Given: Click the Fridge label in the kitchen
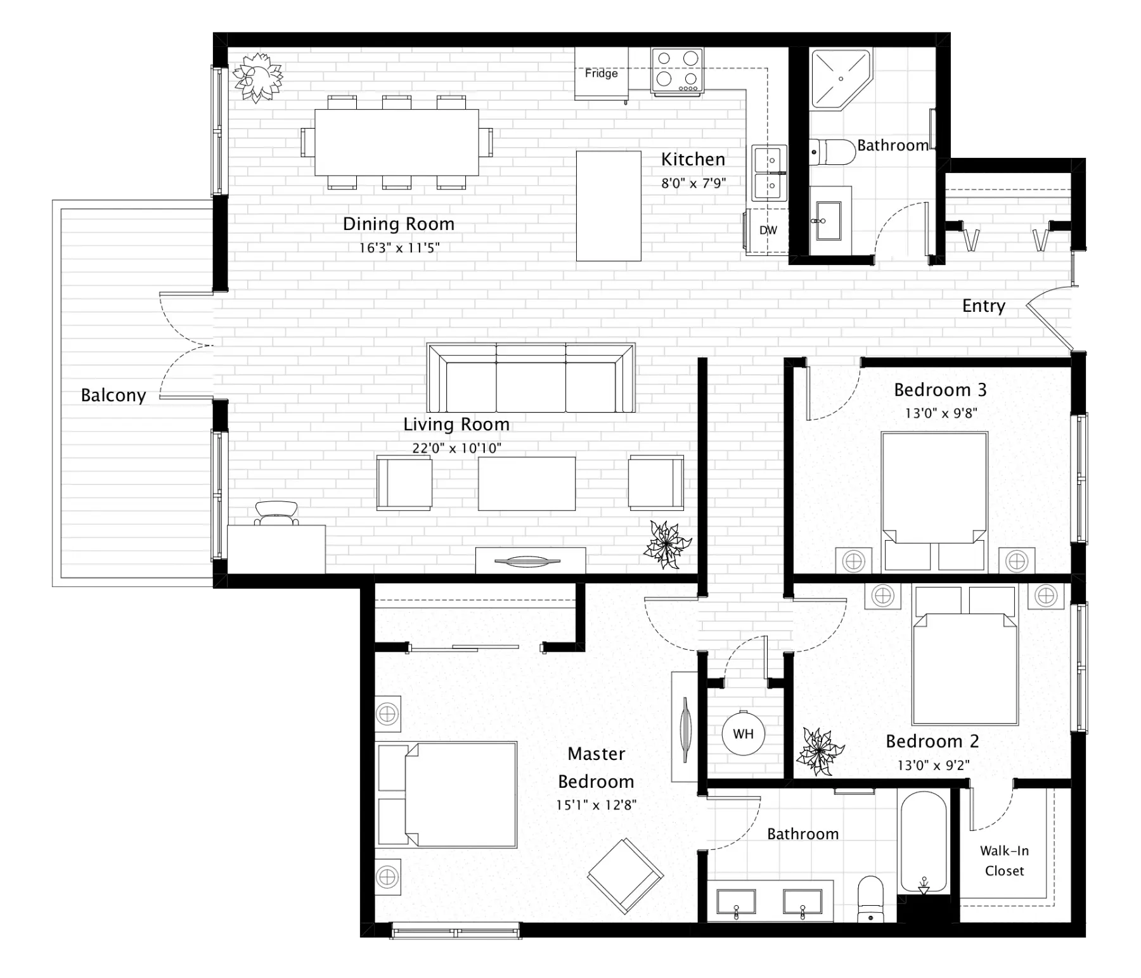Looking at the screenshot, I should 601,74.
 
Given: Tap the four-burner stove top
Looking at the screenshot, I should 677,71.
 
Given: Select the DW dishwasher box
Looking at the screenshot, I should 768,231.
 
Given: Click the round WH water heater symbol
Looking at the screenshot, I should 743,734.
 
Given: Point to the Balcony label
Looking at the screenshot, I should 113,396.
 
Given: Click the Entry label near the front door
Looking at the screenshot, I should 983,306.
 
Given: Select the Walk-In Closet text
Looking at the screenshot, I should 1004,861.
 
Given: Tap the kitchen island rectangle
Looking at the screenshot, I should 608,206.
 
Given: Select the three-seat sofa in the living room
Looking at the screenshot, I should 531,378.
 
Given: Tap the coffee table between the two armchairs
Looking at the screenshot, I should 527,484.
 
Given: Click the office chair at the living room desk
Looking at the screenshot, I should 276,512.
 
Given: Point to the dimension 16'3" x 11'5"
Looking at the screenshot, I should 399,248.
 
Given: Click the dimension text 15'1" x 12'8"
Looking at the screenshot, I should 596,806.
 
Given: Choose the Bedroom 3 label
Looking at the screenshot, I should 940,390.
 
